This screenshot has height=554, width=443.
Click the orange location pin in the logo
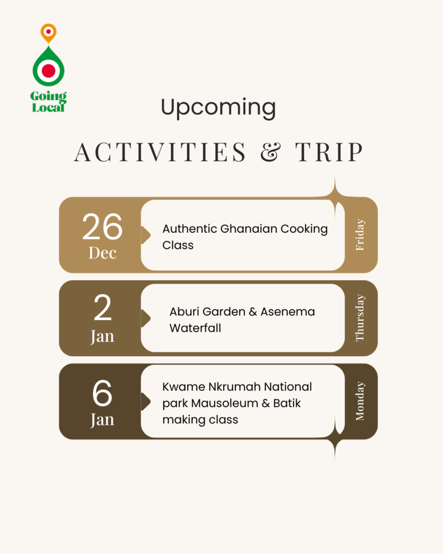tap(48, 33)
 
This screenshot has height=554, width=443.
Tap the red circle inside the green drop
tap(48, 71)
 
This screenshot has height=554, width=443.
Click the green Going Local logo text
tap(48, 102)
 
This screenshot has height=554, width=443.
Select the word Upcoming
tap(218, 107)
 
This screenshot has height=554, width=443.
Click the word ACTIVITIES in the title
tap(160, 152)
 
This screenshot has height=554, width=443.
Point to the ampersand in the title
tap(271, 152)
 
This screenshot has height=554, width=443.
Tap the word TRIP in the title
tap(329, 152)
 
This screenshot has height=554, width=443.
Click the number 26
tap(102, 227)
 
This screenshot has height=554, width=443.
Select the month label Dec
tap(102, 253)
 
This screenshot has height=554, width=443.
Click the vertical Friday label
tap(360, 234)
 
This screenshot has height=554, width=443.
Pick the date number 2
tap(102, 307)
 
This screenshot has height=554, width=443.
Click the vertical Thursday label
tap(360, 318)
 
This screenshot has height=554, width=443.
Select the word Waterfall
tap(195, 328)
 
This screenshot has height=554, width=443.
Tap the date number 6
tap(102, 393)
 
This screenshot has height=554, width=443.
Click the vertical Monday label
tap(360, 401)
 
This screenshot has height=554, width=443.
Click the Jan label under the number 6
tap(102, 420)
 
